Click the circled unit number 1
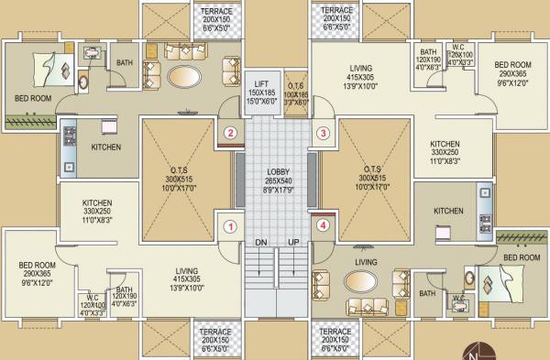(x=231, y=224)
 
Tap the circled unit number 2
(x=231, y=133)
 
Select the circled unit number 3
(x=322, y=133)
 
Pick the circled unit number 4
(x=322, y=224)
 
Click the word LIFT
(x=261, y=83)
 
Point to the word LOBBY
(x=279, y=171)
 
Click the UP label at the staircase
(x=294, y=242)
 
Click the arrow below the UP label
(x=294, y=266)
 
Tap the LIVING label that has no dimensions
(x=367, y=262)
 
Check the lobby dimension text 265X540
(x=279, y=180)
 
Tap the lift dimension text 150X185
(x=261, y=93)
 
